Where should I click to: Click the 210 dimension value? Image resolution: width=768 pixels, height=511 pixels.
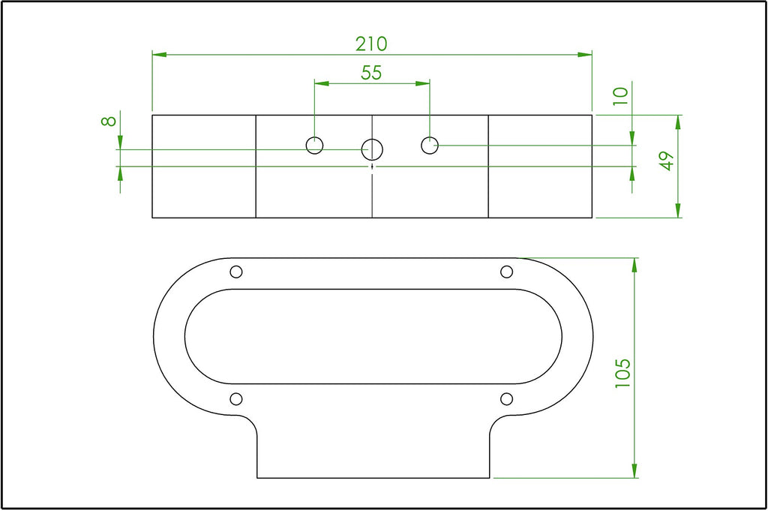click(x=371, y=44)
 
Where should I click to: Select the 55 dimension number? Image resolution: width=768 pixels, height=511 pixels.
click(x=371, y=73)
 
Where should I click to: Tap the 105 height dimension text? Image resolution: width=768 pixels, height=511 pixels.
click(x=623, y=374)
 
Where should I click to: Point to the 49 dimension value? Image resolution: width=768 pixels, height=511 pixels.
click(x=667, y=161)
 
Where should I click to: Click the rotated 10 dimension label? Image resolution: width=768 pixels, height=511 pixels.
click(x=620, y=96)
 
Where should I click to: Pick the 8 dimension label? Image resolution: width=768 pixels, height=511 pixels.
click(x=109, y=121)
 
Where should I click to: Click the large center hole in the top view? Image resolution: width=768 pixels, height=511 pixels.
click(x=372, y=149)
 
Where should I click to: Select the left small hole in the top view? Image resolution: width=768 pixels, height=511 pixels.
click(x=314, y=145)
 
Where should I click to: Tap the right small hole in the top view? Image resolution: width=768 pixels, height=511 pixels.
click(x=430, y=145)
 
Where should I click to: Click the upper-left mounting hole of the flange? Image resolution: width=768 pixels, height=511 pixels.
click(x=236, y=272)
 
